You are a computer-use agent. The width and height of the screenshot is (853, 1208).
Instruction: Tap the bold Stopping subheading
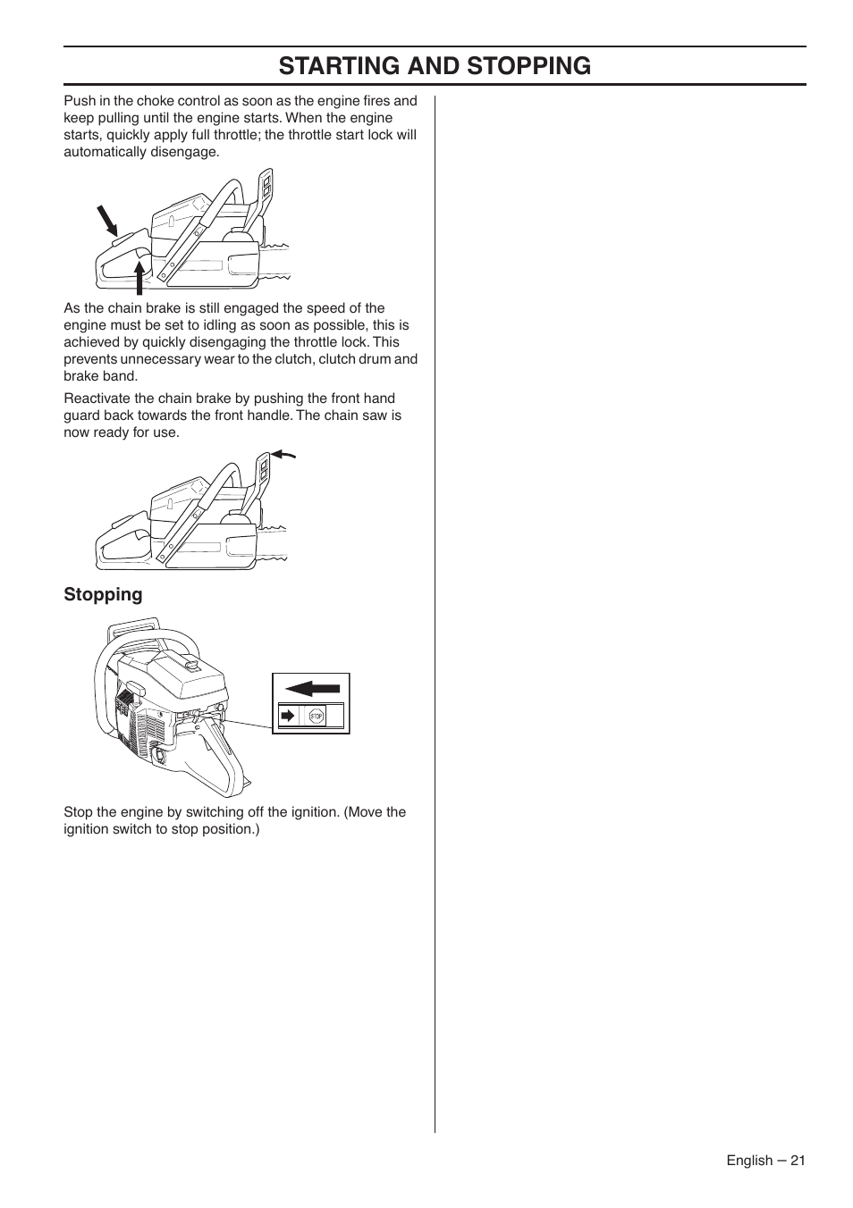click(103, 595)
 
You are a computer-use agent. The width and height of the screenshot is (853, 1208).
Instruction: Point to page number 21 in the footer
click(798, 1160)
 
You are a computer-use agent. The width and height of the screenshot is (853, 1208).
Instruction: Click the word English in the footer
click(748, 1160)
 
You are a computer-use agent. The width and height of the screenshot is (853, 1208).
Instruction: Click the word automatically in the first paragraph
click(103, 152)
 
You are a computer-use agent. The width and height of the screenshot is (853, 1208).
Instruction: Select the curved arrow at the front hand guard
click(283, 455)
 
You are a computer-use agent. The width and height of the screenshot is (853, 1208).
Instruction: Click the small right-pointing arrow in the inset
click(287, 716)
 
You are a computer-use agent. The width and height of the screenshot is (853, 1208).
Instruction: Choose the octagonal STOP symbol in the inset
click(316, 716)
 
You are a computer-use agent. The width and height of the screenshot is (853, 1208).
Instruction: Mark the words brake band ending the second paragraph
click(100, 376)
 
